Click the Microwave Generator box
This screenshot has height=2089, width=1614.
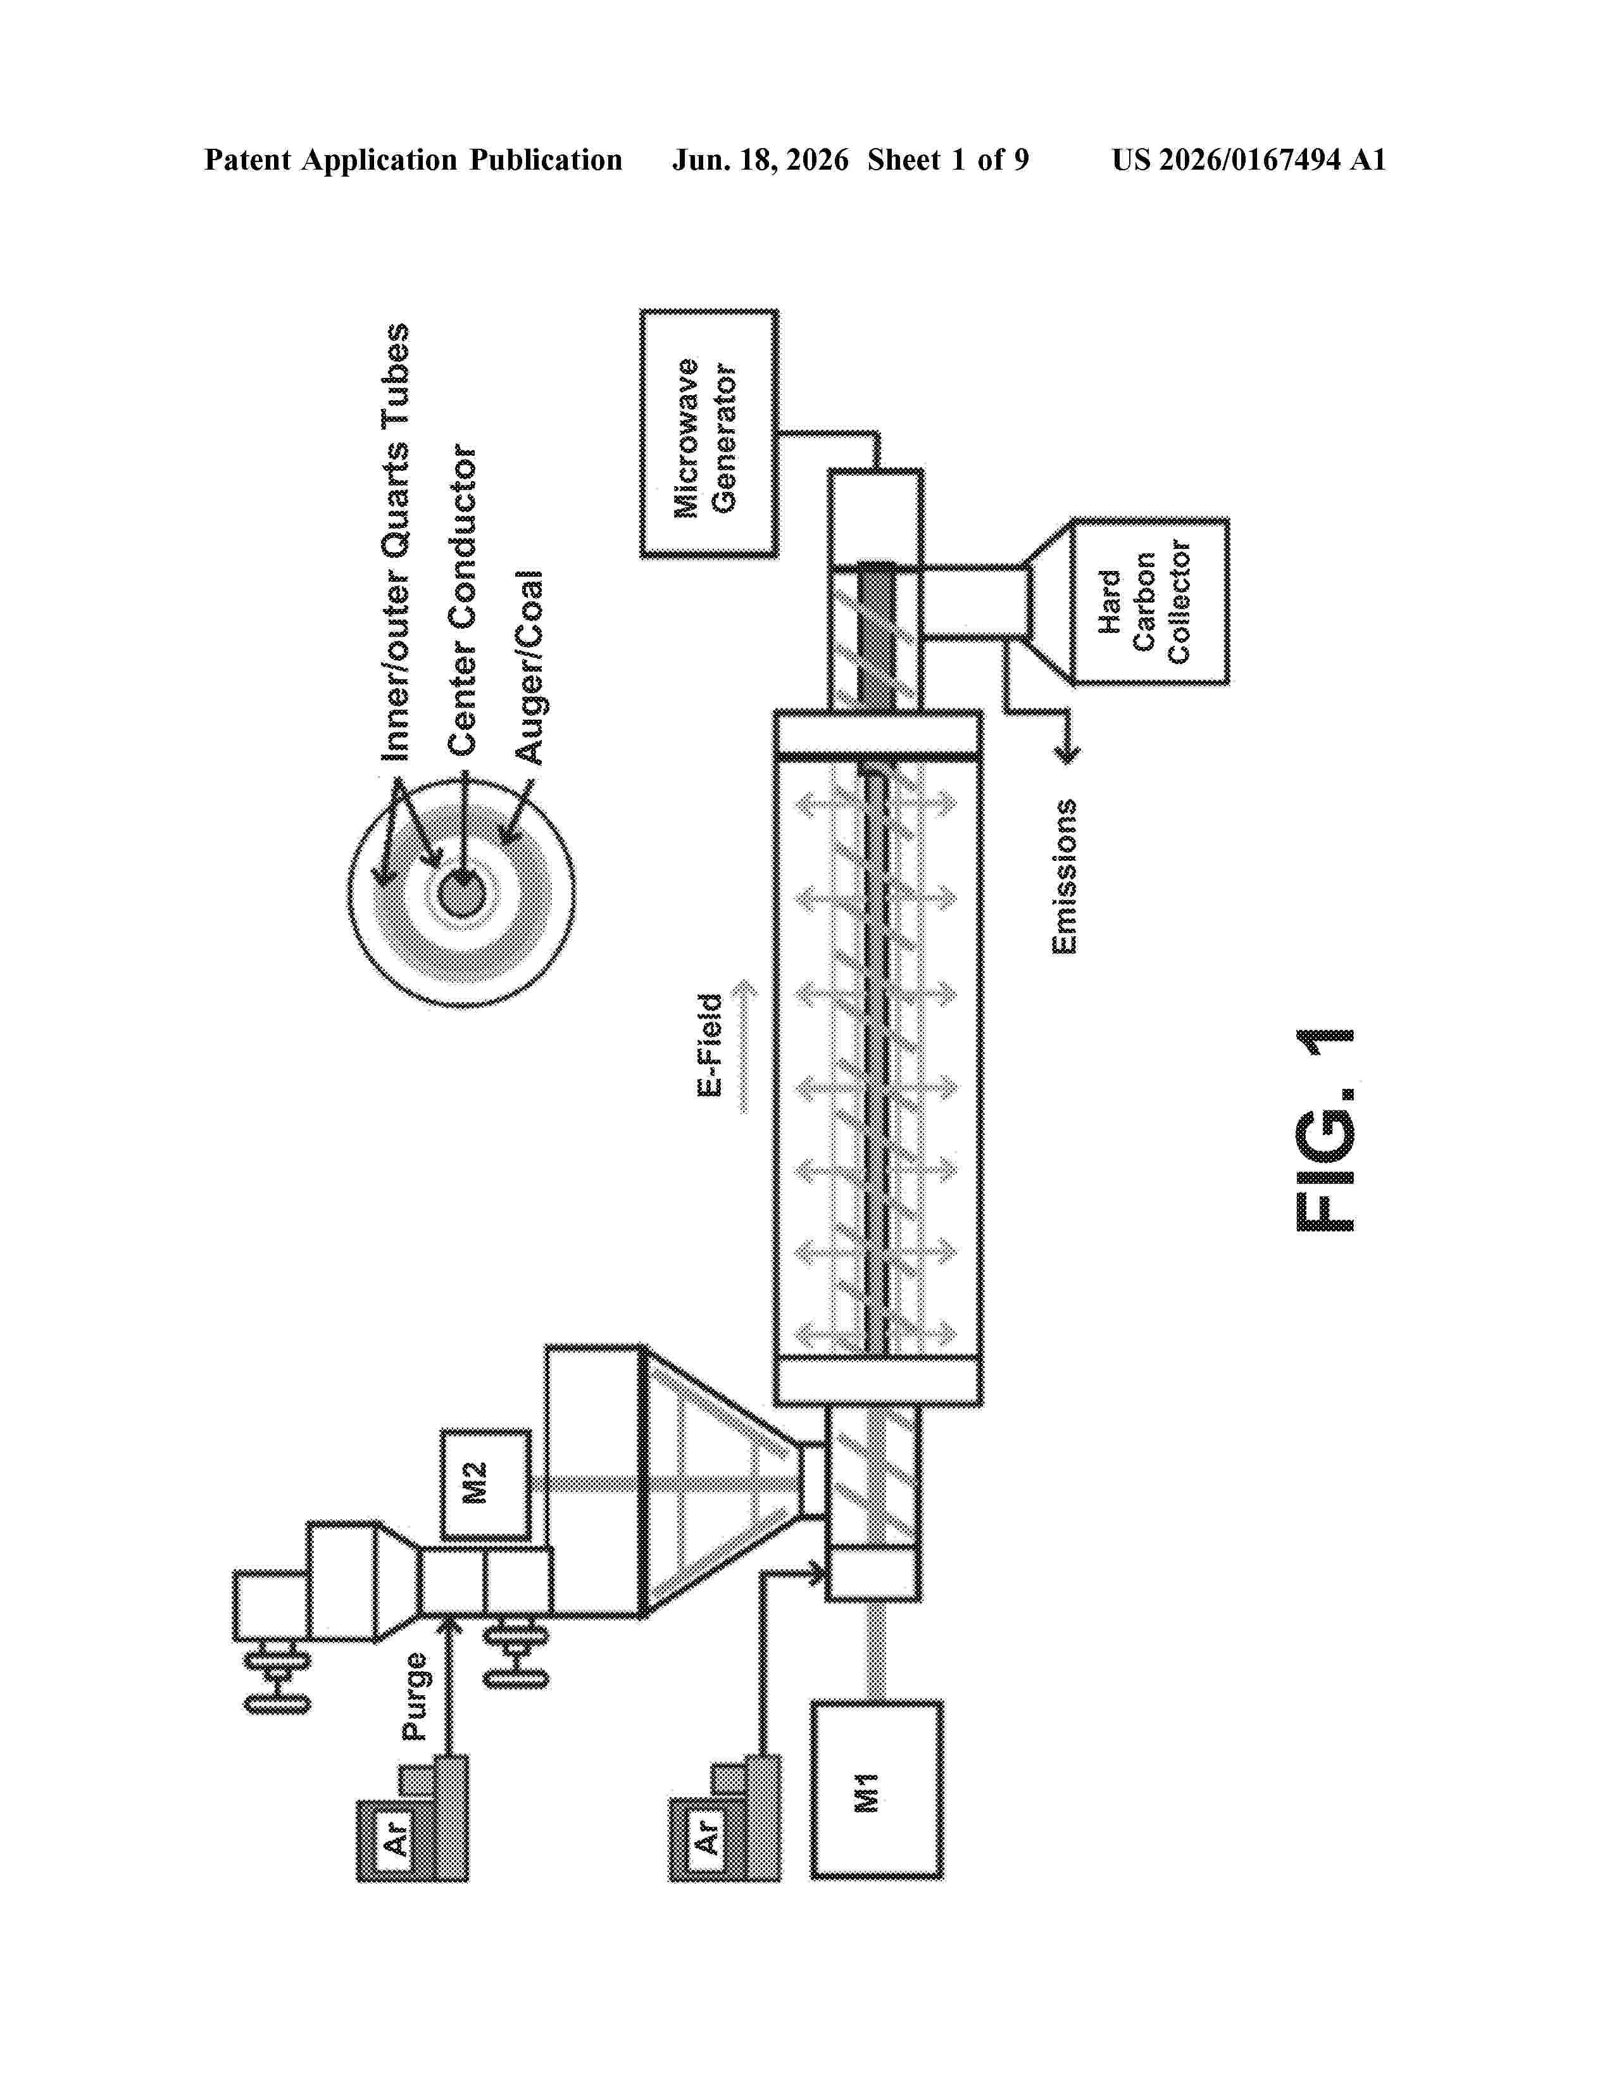pyautogui.click(x=708, y=433)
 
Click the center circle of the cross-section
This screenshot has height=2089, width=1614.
pyautogui.click(x=463, y=895)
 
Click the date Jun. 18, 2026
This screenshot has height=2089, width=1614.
pyautogui.click(x=760, y=160)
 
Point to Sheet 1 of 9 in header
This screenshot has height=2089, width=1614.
pyautogui.click(x=949, y=160)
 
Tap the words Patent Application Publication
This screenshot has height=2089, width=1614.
pyautogui.click(x=413, y=160)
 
